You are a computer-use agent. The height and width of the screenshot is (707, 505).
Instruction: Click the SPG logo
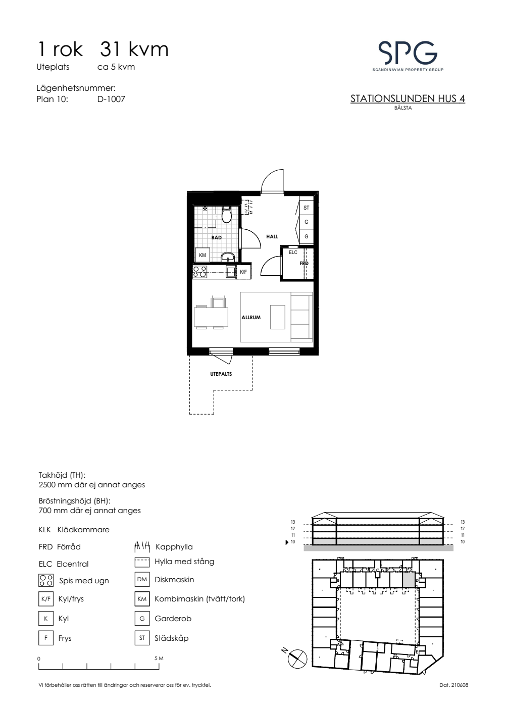pos(408,56)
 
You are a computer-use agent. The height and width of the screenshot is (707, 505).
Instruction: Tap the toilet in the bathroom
pos(227,215)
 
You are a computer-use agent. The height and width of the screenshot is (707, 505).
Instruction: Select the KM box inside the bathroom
pos(203,255)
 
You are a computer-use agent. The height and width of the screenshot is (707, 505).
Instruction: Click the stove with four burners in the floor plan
pos(199,272)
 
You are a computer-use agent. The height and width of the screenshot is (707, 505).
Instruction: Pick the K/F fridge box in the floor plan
pos(243,272)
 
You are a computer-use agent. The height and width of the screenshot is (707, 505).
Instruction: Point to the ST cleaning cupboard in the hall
pos(306,208)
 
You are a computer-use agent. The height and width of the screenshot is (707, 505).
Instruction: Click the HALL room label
pos(272,236)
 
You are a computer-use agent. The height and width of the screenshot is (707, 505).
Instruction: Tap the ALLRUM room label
pos(251,317)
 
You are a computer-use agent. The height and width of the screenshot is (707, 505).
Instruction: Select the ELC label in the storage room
pos(293,252)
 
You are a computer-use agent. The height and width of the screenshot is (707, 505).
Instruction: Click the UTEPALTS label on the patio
pos(221,374)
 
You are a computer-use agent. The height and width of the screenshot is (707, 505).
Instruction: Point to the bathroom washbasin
pos(227,257)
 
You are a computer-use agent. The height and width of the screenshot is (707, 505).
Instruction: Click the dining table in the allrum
pos(211,317)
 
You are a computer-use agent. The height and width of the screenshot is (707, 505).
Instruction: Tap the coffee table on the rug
pos(277,317)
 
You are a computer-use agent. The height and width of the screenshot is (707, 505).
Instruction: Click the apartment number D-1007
pos(111,99)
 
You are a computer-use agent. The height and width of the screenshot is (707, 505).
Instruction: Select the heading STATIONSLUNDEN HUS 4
pos(408,99)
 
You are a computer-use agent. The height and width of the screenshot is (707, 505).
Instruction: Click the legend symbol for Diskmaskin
pos(142,579)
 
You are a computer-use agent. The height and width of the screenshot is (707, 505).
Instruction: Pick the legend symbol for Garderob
pos(142,618)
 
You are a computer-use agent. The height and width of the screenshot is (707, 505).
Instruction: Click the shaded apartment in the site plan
pos(409,580)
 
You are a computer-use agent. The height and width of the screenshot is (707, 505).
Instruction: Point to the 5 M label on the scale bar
pos(159,659)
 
